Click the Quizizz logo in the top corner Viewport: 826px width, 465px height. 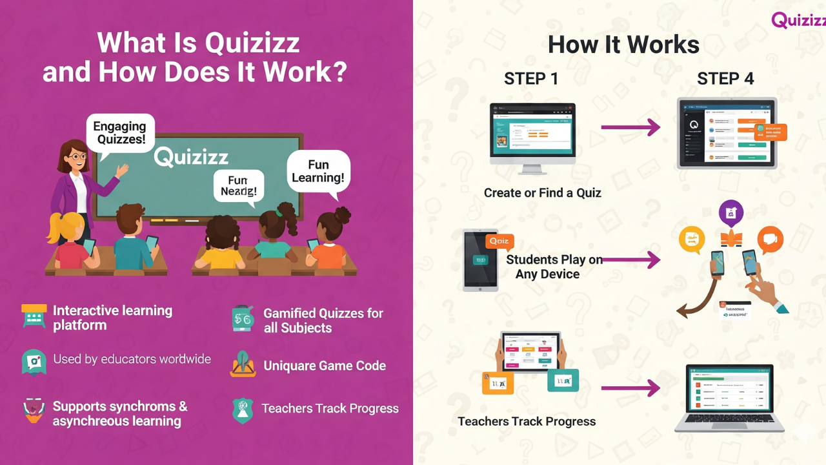798,19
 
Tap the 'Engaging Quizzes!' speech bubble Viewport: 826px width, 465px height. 119,133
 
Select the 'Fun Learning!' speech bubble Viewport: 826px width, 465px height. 318,172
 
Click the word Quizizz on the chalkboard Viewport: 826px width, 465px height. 191,157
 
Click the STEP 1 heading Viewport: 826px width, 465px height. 530,79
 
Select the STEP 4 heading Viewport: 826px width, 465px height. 725,79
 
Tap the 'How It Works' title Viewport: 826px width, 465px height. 623,45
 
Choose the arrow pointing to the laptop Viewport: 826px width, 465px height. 630,388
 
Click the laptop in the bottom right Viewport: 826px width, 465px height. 730,398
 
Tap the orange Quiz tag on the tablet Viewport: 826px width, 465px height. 499,242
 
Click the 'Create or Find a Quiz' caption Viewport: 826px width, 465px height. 543,192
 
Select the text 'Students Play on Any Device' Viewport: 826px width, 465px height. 554,267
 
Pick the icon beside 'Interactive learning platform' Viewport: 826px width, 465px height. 34,316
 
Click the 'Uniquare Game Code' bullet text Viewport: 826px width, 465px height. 325,366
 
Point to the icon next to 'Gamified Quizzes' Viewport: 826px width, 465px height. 243,319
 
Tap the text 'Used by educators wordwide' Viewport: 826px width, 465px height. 132,359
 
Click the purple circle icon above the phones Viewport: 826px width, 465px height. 731,212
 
